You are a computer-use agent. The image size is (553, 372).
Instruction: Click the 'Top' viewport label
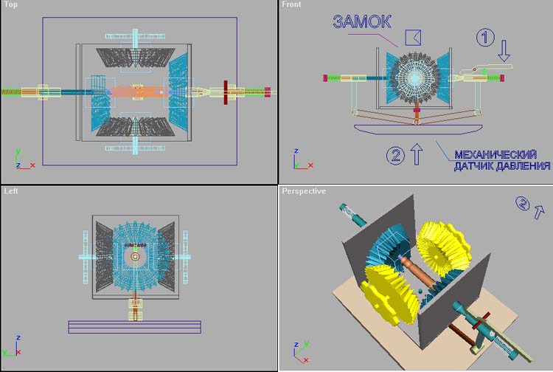(x=10, y=4)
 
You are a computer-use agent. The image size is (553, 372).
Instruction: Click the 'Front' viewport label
(x=291, y=4)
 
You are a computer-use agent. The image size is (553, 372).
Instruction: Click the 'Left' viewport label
(x=11, y=191)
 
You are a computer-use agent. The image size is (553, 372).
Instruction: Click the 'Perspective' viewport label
(x=304, y=191)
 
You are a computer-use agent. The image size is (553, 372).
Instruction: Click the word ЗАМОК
(x=362, y=21)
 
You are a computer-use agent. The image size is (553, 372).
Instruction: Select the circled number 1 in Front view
(x=485, y=37)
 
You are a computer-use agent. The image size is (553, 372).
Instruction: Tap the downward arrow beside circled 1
(x=504, y=50)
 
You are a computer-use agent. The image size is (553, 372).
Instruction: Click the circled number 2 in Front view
(x=395, y=155)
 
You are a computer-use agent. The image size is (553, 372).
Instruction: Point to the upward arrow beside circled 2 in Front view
(x=417, y=154)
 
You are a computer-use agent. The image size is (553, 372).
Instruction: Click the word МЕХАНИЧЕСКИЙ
(x=495, y=154)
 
